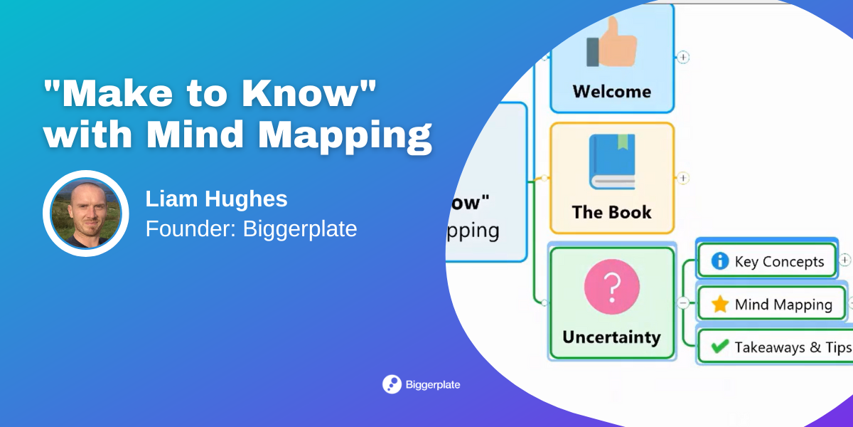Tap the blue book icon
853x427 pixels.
(x=611, y=162)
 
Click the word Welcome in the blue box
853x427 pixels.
(x=611, y=92)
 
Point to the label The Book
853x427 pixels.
(x=611, y=212)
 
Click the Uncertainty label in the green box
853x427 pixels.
(x=611, y=337)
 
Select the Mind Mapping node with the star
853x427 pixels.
(x=771, y=305)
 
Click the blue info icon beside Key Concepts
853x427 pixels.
(x=720, y=261)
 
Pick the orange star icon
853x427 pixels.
(x=720, y=305)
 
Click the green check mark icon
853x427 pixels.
(x=720, y=347)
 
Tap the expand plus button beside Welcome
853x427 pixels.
(x=683, y=57)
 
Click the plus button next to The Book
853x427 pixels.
(x=683, y=178)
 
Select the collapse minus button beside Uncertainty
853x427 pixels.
(x=683, y=302)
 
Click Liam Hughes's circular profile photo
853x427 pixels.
(x=86, y=213)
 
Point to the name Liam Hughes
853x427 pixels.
(x=216, y=199)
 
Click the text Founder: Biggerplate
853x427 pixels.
(x=251, y=229)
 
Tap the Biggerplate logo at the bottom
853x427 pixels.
(x=422, y=384)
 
